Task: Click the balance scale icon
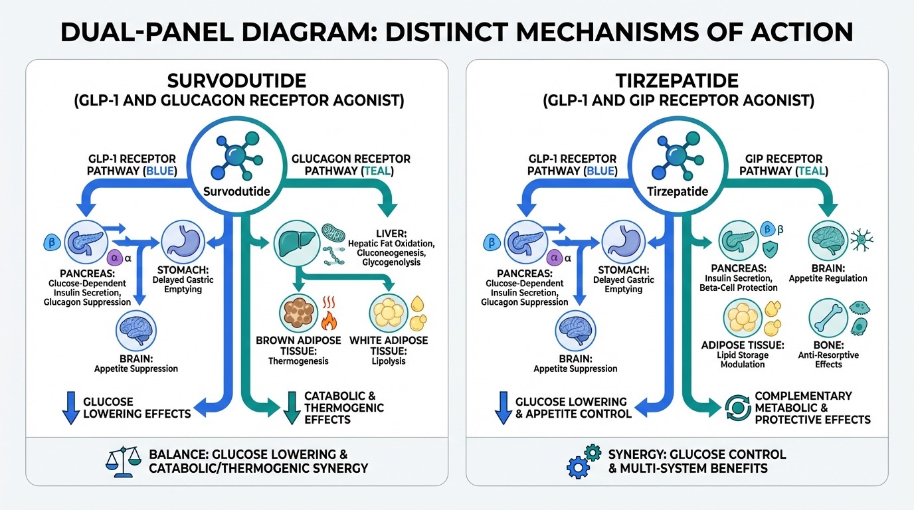pos(124,460)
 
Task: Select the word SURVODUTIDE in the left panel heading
pos(236,82)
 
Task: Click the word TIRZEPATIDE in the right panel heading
pos(678,82)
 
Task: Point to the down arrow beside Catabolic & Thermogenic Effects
pos(290,407)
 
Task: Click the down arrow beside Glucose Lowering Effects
pos(70,408)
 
